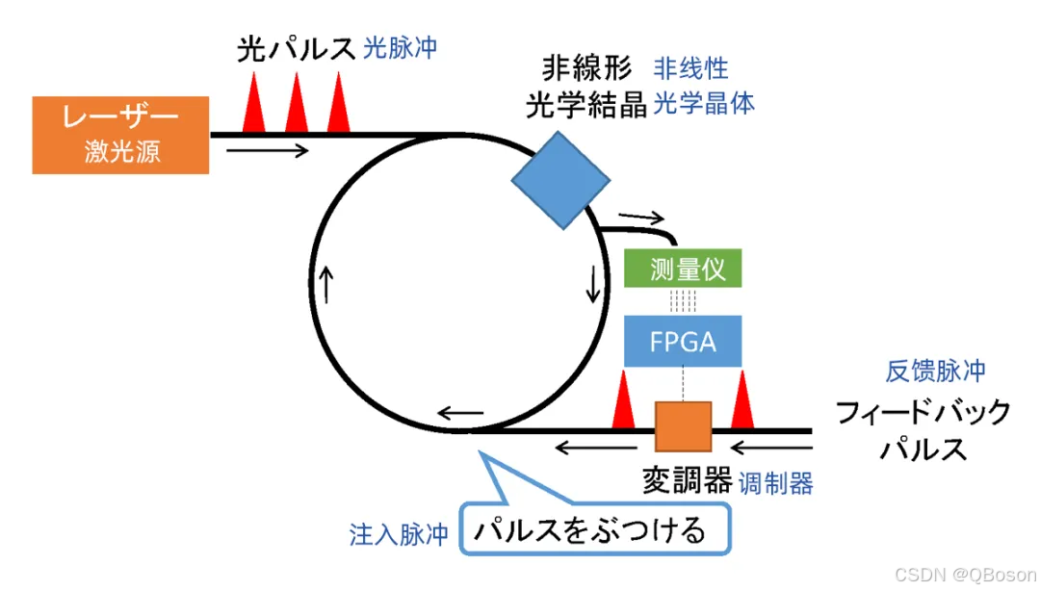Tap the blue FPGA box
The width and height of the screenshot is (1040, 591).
[683, 341]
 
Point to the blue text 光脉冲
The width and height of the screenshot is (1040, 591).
[401, 48]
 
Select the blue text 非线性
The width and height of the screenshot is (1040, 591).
[691, 68]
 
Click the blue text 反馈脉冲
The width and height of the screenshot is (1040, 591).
[936, 372]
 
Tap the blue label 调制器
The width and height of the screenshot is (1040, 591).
[776, 483]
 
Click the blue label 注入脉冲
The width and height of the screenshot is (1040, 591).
[399, 535]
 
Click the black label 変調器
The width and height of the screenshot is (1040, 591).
[687, 480]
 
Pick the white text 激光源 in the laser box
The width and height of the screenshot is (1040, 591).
[121, 151]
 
